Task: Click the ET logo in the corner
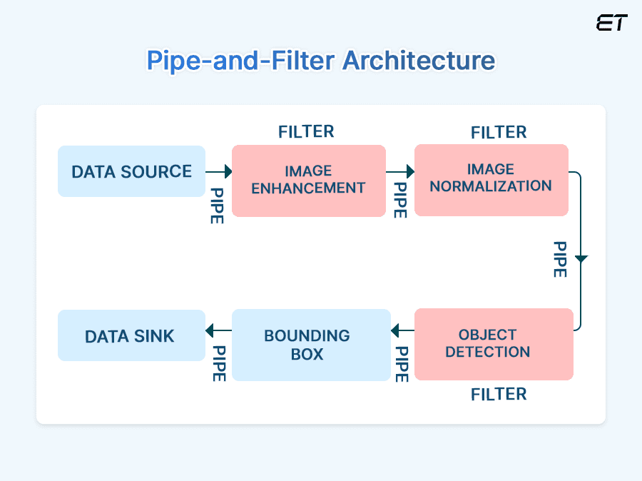611,23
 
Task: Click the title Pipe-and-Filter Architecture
320,61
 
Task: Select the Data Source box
131,171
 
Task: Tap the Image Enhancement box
308,181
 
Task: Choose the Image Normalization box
491,179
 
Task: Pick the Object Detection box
493,344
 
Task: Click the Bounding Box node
311,345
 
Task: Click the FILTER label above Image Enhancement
306,131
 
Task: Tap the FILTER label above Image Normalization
499,132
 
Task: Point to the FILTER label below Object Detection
499,394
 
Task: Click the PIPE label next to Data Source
216,206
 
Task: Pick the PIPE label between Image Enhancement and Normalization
400,201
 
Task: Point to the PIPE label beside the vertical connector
560,259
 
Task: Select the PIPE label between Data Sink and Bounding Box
219,363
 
